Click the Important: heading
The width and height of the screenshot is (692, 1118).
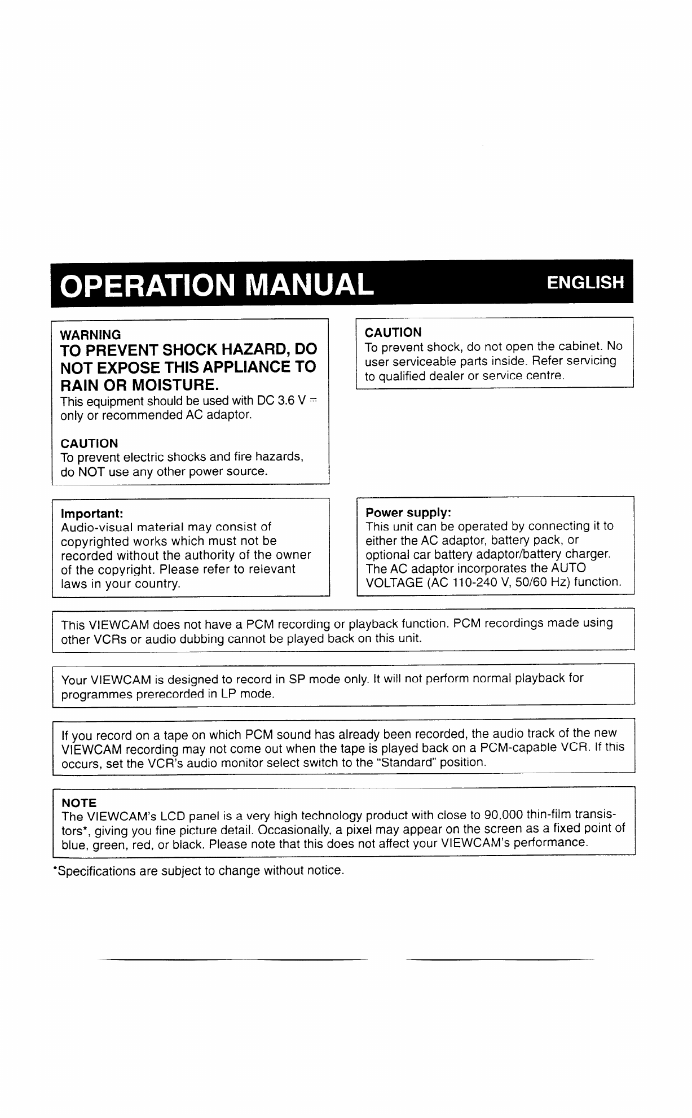pos(92,514)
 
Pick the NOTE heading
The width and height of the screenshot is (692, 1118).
pos(78,803)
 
